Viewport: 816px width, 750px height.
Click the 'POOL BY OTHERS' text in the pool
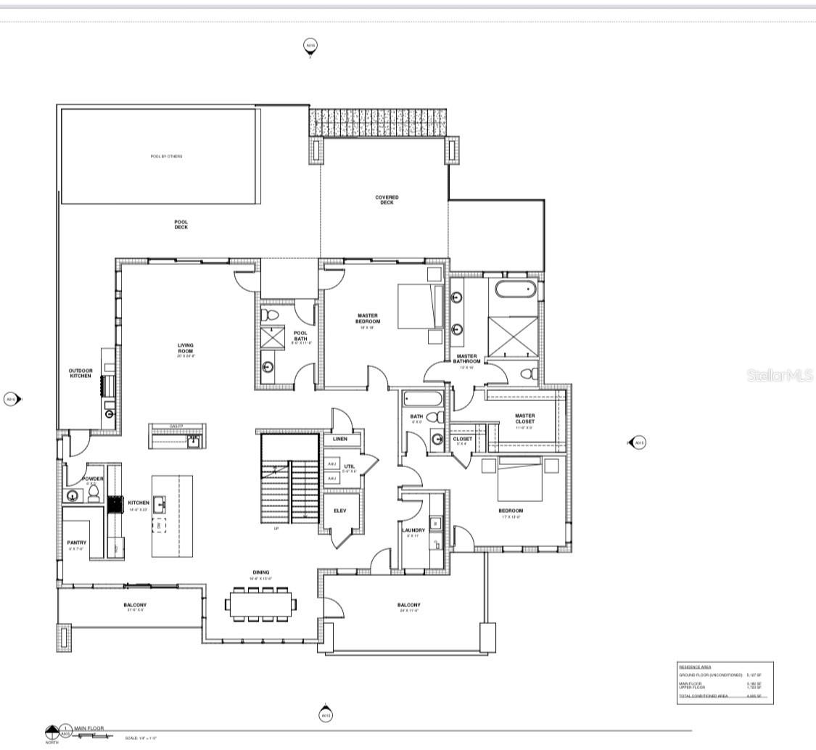coord(166,157)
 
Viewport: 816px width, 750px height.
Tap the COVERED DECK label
coord(387,200)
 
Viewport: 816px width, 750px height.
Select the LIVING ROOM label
coord(186,348)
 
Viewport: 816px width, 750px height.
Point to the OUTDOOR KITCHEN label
coord(81,374)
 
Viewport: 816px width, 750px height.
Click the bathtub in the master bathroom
coord(516,290)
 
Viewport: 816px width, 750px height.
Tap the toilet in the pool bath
coord(270,315)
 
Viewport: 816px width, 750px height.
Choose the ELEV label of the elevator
coord(339,511)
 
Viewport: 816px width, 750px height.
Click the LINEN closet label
coord(339,439)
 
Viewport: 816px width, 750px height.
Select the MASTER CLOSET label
coord(524,419)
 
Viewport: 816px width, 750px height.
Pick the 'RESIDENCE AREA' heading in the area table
coord(695,666)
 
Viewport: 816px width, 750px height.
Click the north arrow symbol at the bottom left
coord(51,731)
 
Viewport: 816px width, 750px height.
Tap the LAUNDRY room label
coord(413,530)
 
